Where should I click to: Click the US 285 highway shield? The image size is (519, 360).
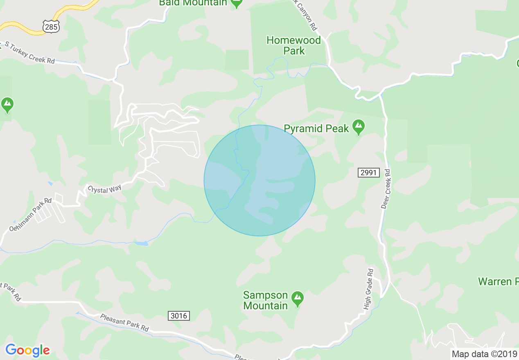click(51, 27)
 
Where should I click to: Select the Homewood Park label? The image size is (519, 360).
click(294, 46)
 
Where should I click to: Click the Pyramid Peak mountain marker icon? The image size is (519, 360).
click(359, 127)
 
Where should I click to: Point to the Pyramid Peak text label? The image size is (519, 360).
click(316, 128)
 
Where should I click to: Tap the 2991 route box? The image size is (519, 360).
click(368, 173)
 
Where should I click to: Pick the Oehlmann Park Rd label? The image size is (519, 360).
click(31, 214)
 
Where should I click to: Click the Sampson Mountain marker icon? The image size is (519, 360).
click(298, 299)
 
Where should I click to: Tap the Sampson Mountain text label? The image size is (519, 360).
click(266, 300)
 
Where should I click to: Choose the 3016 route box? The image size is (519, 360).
click(179, 315)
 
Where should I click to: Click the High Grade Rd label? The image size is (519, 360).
click(369, 289)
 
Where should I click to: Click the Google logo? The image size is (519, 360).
click(27, 350)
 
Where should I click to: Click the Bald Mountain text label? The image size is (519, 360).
click(193, 3)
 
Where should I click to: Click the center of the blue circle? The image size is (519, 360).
click(259, 180)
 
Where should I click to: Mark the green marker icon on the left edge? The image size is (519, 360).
click(7, 105)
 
